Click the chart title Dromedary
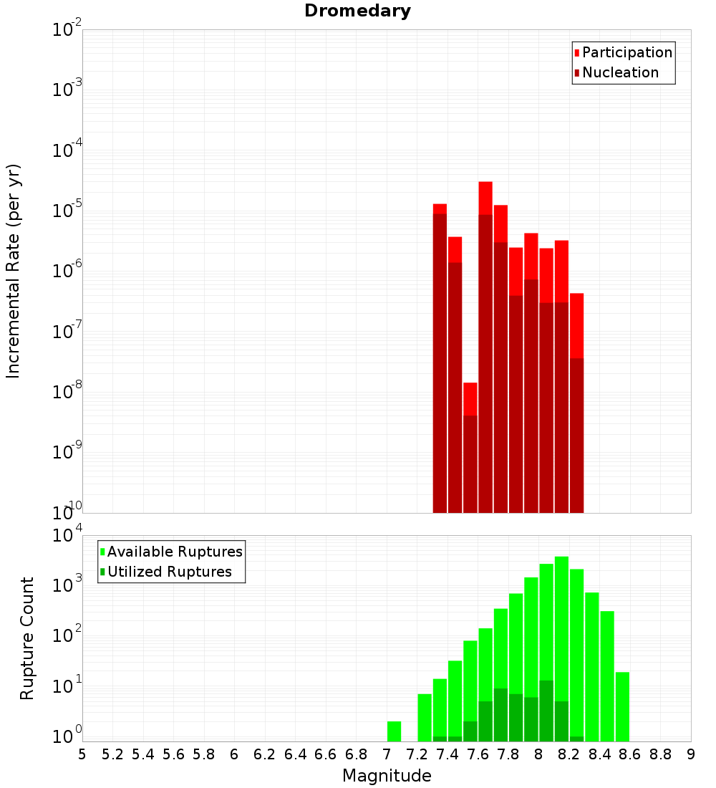(357, 11)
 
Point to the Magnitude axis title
(387, 776)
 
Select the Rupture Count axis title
(27, 638)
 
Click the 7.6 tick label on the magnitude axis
(478, 754)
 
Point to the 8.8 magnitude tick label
(660, 754)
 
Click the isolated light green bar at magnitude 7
(394, 731)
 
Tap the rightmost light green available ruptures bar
(622, 706)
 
